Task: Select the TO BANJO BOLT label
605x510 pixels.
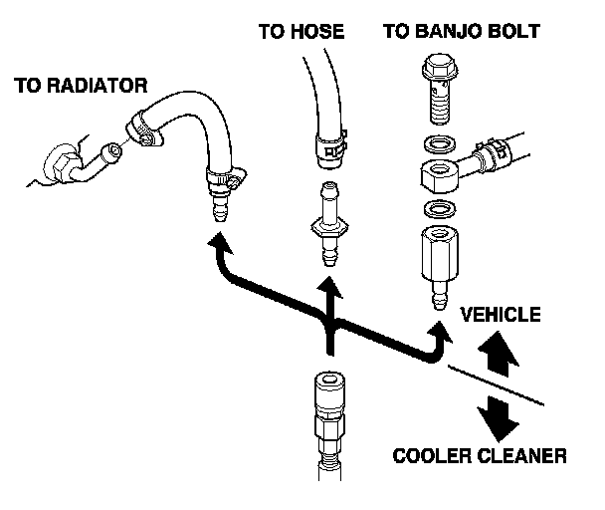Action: tap(461, 32)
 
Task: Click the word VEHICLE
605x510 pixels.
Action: tap(501, 316)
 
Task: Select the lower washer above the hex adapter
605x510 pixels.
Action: tap(436, 208)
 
